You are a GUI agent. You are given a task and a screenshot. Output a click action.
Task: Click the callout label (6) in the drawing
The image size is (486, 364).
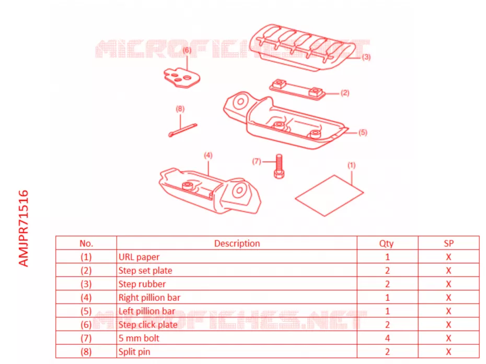click(x=187, y=50)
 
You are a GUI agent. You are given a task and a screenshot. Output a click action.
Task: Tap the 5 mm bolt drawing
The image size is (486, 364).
click(x=279, y=167)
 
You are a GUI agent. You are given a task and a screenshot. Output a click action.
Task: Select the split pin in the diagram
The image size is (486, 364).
click(x=182, y=130)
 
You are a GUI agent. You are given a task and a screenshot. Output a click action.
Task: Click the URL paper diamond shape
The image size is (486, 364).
click(x=329, y=195)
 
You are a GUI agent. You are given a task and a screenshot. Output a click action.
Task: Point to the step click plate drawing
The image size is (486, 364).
click(x=182, y=78)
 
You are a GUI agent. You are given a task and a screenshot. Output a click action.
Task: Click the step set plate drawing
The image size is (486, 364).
click(x=297, y=90)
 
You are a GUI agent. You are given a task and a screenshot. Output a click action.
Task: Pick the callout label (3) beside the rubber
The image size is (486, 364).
click(x=366, y=57)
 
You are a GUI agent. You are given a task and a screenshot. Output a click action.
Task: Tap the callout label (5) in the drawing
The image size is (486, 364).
click(x=363, y=133)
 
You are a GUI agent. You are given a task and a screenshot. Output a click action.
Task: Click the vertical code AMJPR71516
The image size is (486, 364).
click(x=24, y=228)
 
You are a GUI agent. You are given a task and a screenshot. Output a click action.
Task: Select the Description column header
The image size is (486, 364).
click(x=237, y=243)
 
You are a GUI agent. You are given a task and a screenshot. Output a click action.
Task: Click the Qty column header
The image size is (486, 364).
click(x=387, y=243)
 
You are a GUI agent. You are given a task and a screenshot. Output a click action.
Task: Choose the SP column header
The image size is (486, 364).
click(x=448, y=243)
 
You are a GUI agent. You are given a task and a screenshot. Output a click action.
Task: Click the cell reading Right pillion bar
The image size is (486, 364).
click(x=149, y=297)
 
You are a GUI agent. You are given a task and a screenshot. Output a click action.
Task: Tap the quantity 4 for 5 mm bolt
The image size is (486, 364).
click(x=387, y=338)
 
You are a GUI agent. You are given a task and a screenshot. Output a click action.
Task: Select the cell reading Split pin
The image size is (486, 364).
click(x=134, y=351)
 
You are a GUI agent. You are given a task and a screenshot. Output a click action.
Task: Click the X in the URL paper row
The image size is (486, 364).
click(x=448, y=257)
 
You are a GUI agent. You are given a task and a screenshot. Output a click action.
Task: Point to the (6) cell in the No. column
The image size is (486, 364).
click(x=86, y=324)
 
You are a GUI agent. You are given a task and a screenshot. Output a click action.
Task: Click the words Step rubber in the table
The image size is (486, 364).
click(x=142, y=284)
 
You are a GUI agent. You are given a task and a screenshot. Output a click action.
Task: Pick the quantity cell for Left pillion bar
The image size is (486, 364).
click(x=387, y=311)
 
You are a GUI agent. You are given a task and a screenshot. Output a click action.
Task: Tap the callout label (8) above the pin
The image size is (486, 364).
click(x=180, y=109)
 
